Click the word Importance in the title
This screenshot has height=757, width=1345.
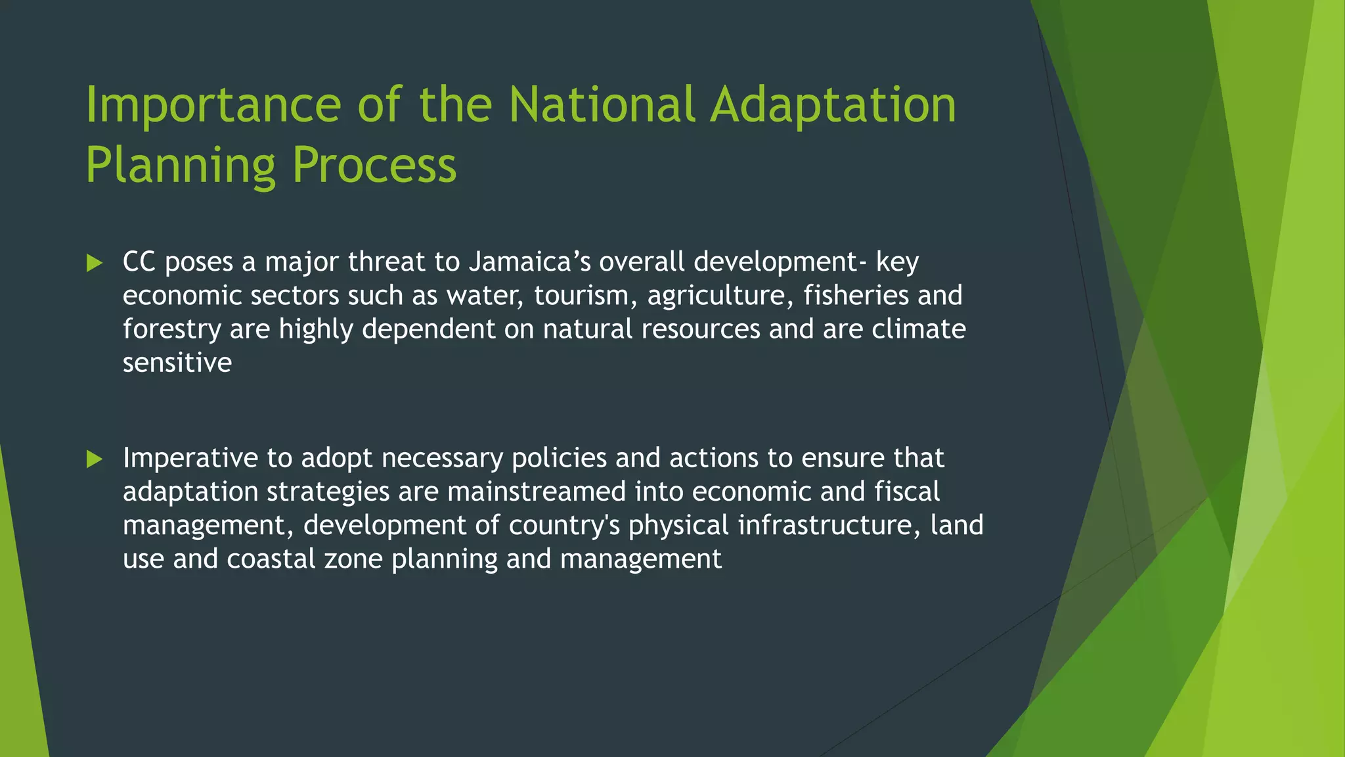(x=213, y=105)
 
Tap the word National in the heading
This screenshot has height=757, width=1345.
(x=602, y=105)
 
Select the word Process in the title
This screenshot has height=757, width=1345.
(x=374, y=166)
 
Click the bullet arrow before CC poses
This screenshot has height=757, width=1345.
(x=95, y=264)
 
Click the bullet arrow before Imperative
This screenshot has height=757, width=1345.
(x=95, y=459)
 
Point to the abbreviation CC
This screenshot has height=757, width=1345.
(x=139, y=262)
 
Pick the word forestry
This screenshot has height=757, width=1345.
(x=171, y=330)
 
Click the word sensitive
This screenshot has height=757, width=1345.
(x=177, y=363)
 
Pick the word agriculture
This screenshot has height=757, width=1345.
(x=717, y=296)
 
